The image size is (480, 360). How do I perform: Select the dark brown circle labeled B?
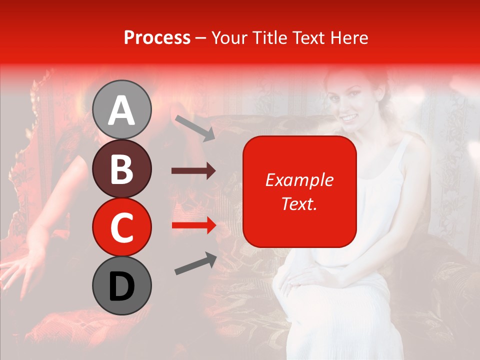click(x=122, y=168)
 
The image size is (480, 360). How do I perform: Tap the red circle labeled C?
click(x=122, y=227)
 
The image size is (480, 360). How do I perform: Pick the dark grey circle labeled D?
click(x=122, y=286)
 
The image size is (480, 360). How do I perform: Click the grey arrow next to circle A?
click(x=194, y=127)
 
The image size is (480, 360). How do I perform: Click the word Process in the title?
click(x=157, y=37)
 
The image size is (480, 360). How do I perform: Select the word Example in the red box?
click(x=299, y=180)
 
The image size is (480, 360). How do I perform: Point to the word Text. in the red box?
click(x=299, y=204)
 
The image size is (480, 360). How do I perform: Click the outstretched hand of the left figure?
click(x=20, y=270)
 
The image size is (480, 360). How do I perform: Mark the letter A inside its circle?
click(x=122, y=110)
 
